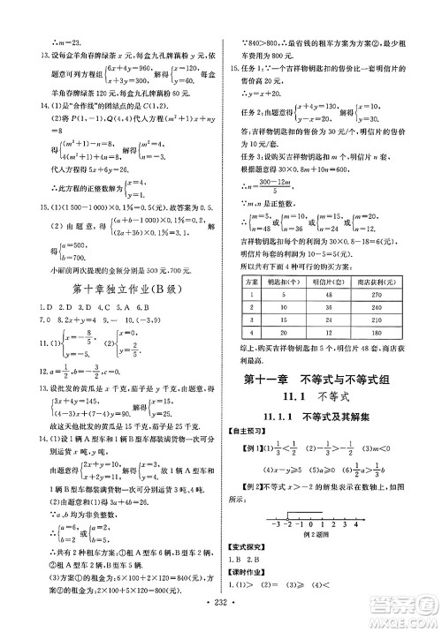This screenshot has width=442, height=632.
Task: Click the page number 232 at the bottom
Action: click(x=221, y=621)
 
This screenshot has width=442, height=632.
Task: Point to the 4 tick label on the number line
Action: click(x=356, y=524)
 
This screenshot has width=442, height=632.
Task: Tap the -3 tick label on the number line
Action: click(x=279, y=524)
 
